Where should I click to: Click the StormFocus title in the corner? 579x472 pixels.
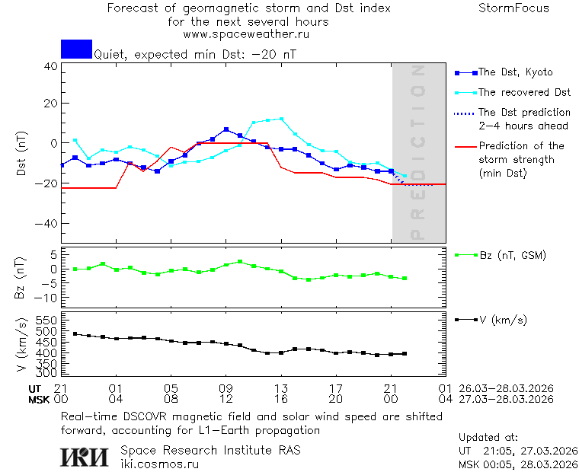(513, 8)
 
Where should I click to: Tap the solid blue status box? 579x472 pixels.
(76, 49)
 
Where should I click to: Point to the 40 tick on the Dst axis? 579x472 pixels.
(51, 66)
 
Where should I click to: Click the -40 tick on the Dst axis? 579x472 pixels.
(48, 224)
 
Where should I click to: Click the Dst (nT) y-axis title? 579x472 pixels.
(21, 155)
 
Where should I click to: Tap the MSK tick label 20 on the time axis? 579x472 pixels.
(336, 398)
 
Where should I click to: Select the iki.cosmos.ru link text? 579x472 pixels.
(160, 463)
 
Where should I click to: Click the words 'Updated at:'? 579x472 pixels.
(488, 438)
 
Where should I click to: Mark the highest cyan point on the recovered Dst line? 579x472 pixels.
(281, 119)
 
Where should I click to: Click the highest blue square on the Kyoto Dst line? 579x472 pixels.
(226, 129)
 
